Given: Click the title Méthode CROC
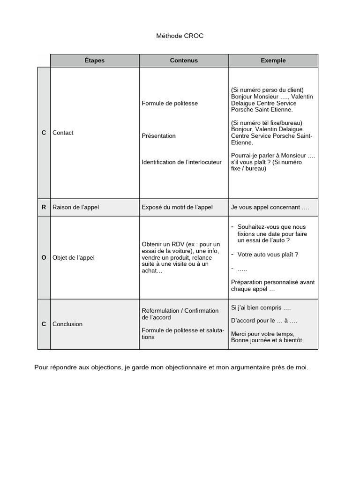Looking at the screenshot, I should pos(180,36).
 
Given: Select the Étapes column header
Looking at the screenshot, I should pos(95,60).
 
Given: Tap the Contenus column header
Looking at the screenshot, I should pos(184,60).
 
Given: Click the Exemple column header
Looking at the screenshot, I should pos(273,60).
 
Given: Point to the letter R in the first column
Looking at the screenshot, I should pos(44,207).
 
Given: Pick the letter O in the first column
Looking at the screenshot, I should pos(44,257).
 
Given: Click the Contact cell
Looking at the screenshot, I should pos(63,133).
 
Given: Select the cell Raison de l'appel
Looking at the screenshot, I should pos(75,207).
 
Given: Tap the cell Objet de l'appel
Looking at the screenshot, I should pos(74,257).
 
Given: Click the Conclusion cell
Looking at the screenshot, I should pos(67,324).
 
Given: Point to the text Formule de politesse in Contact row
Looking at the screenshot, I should pos(170,103).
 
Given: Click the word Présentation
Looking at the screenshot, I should pos(158,136).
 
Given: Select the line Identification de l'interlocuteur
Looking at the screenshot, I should pos(181,162).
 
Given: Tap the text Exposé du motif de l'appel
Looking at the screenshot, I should pos(177,207).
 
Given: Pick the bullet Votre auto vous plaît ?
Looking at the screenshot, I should pos(268,255).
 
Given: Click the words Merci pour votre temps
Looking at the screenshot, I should pos(262,334).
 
